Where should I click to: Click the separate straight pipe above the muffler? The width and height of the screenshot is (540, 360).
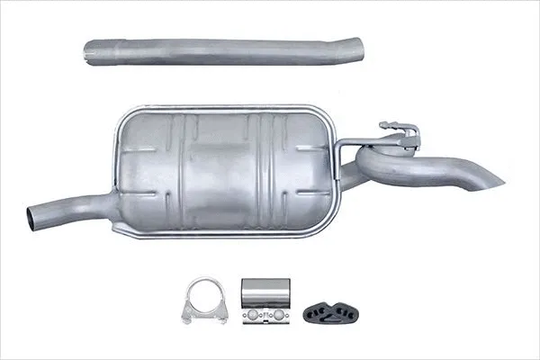coord(225,50)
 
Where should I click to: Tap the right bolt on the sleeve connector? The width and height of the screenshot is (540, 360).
coord(278,315)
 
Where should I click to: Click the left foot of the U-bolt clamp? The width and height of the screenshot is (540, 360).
coord(186,317)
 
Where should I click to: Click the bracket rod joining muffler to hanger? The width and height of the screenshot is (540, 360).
coord(360,140)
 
